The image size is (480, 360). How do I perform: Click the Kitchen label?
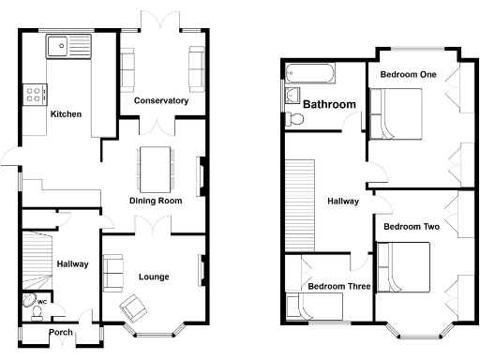66,114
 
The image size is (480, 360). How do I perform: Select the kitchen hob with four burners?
36,94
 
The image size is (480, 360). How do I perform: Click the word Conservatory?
160,100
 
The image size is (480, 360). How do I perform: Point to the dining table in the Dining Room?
156,167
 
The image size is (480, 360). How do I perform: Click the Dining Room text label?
156,201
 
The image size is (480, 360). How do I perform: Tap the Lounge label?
153,277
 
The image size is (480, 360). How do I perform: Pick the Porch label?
61,332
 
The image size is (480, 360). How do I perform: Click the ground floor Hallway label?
72,264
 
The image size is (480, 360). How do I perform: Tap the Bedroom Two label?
411,226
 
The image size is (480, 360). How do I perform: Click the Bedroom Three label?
339,287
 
